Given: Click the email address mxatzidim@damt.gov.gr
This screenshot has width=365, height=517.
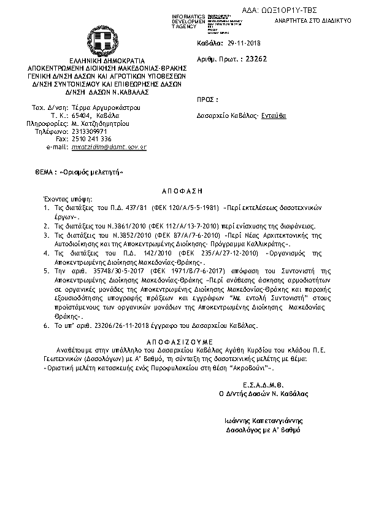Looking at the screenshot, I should [109, 148].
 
